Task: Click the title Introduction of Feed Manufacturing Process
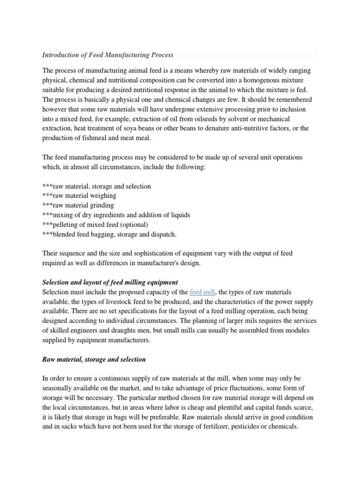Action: [108, 55]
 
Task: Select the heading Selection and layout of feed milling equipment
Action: [110, 282]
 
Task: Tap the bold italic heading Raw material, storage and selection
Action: [94, 359]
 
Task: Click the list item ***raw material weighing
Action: [79, 195]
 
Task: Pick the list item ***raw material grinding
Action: [78, 205]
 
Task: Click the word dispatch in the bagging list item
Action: [163, 234]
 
